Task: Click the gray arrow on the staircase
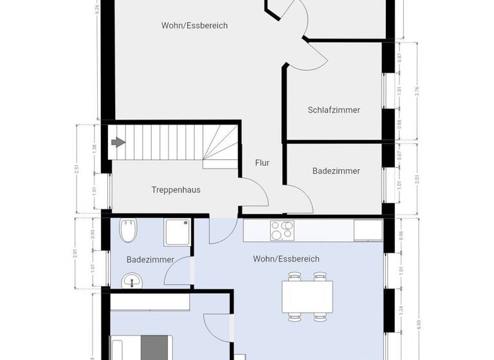pyautogui.click(x=118, y=142)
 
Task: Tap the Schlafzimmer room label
pyautogui.click(x=334, y=110)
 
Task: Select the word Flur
pyautogui.click(x=262, y=163)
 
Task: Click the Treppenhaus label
pyautogui.click(x=176, y=190)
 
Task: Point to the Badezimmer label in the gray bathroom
pyautogui.click(x=336, y=171)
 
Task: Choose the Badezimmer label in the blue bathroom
pyautogui.click(x=150, y=260)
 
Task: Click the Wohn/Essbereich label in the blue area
pyautogui.click(x=286, y=259)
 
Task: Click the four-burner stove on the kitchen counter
pyautogui.click(x=283, y=230)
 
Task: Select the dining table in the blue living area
pyautogui.click(x=307, y=296)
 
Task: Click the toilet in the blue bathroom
pyautogui.click(x=129, y=231)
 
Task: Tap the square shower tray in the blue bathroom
pyautogui.click(x=178, y=232)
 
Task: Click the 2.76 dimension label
pyautogui.click(x=417, y=91)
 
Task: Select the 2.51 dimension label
pyautogui.click(x=77, y=169)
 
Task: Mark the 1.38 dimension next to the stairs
pyautogui.click(x=95, y=147)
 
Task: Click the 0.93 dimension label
pyautogui.click(x=95, y=235)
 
